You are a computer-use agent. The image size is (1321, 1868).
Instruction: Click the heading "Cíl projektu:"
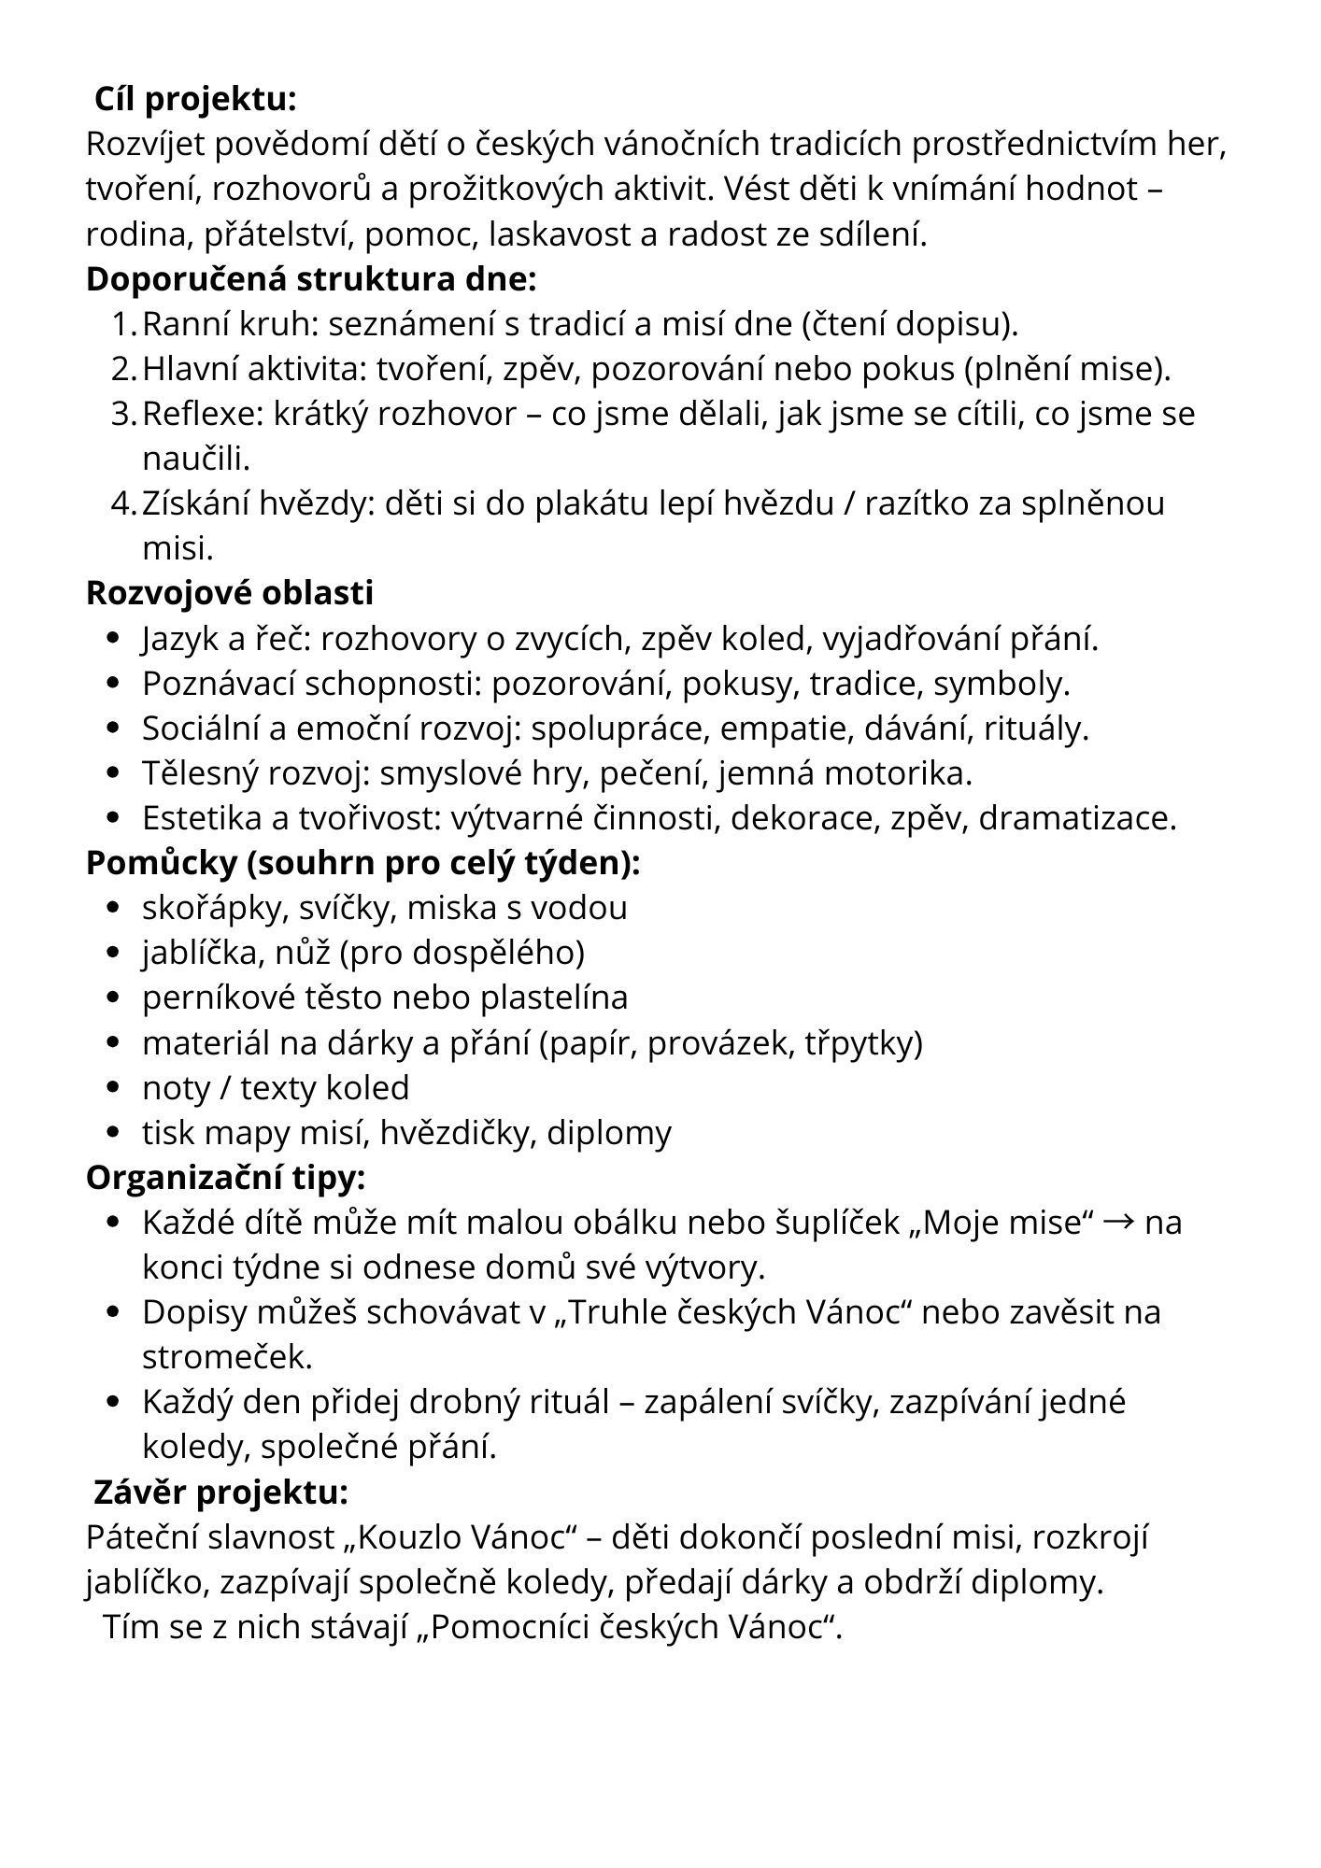point(195,99)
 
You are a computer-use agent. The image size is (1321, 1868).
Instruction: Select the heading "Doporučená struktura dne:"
point(311,279)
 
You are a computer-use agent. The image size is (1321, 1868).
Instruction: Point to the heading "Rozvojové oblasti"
point(230,593)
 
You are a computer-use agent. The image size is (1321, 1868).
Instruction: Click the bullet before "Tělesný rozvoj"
point(114,773)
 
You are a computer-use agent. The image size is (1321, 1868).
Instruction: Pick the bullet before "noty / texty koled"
point(114,1088)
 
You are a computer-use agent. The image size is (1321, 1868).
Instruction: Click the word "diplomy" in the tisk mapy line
point(609,1133)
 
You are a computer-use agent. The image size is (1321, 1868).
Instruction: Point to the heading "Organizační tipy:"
point(225,1178)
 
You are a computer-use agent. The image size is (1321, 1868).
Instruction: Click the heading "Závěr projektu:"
point(220,1493)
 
